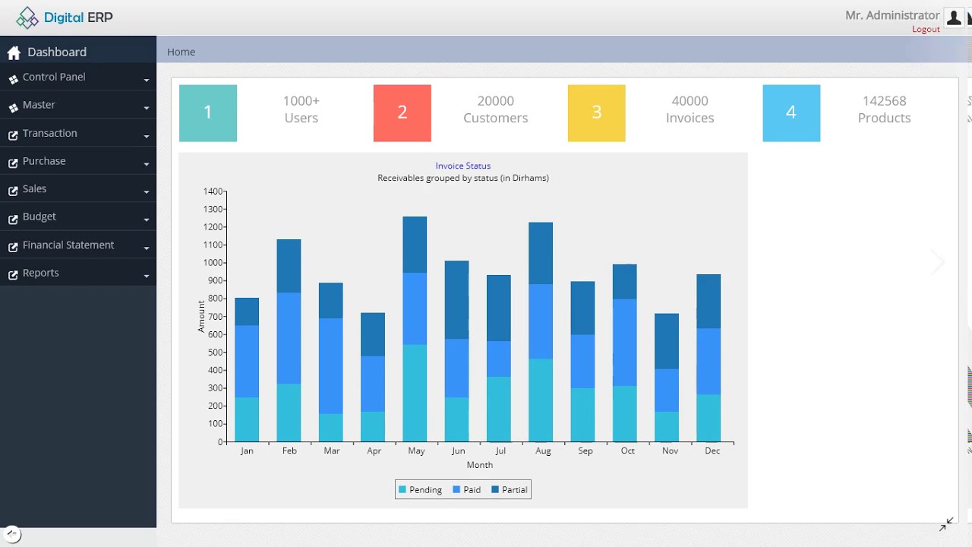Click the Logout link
click(x=926, y=30)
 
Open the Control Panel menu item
click(x=54, y=77)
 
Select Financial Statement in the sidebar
click(x=68, y=245)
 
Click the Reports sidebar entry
click(x=41, y=273)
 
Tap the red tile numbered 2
click(x=402, y=113)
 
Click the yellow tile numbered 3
click(x=596, y=113)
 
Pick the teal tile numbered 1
click(x=207, y=113)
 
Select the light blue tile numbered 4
click(x=791, y=113)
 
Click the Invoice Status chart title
click(x=462, y=166)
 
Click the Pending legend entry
click(x=420, y=490)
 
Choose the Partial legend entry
click(x=510, y=490)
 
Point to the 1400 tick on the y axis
click(x=213, y=191)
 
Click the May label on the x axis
click(x=415, y=451)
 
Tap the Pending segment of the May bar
click(x=415, y=393)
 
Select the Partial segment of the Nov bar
click(x=667, y=341)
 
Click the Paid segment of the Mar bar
click(x=330, y=365)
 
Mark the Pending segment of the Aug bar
click(x=541, y=400)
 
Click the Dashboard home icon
click(x=14, y=53)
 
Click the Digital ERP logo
click(x=65, y=17)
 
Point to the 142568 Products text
click(x=884, y=109)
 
